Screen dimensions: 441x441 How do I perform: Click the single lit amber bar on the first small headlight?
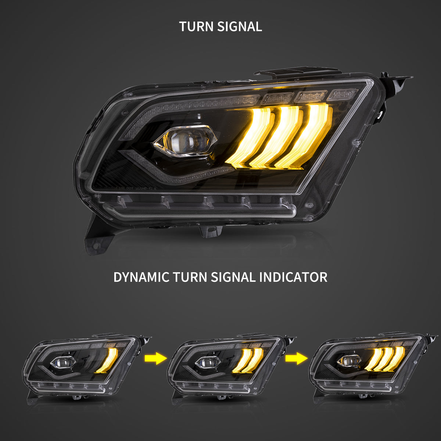pos(110,360)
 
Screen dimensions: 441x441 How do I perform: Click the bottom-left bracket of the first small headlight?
pos(32,397)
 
